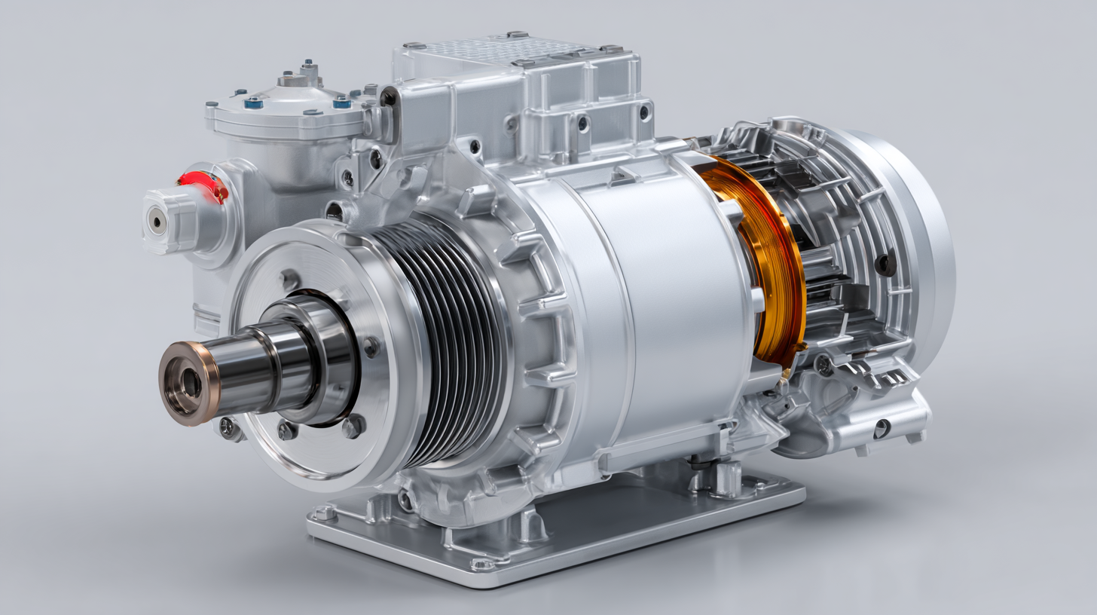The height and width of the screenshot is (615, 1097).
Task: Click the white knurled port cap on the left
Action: (167, 220)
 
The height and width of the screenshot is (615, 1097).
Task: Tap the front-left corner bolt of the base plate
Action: (325, 513)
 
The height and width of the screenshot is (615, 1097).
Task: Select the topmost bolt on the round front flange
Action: (289, 280)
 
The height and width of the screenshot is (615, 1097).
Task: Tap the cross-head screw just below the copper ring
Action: (824, 365)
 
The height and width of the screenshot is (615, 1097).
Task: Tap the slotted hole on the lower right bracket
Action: (880, 428)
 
